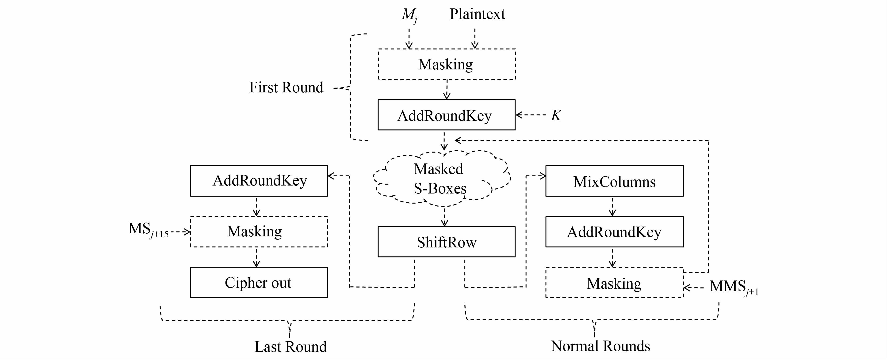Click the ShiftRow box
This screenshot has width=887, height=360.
tap(446, 242)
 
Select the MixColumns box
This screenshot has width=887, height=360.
tap(614, 181)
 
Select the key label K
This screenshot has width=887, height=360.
tap(556, 115)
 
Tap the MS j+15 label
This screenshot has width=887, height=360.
tap(148, 230)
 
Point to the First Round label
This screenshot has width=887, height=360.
tap(286, 87)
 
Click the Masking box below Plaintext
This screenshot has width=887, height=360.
tap(447, 64)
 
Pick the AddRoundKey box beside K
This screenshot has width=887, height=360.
tap(446, 115)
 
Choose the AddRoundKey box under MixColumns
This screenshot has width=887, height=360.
tap(614, 232)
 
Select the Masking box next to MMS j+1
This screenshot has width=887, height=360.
tap(614, 283)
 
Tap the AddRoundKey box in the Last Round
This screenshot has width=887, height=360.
tap(259, 181)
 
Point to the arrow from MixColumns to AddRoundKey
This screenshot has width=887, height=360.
tap(612, 206)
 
